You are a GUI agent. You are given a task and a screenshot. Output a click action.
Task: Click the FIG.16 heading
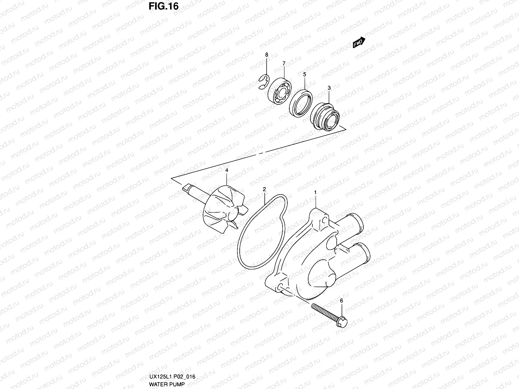click(163, 6)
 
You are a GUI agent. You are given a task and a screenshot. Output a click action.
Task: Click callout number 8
click(267, 55)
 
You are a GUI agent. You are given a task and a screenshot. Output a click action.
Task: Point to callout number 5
click(305, 74)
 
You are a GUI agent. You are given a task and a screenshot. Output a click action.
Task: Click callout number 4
click(227, 170)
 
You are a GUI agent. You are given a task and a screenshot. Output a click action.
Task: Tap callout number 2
click(264, 189)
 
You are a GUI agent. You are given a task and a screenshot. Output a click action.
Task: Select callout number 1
click(315, 193)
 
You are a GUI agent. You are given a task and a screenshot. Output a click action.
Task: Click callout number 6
click(341, 301)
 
